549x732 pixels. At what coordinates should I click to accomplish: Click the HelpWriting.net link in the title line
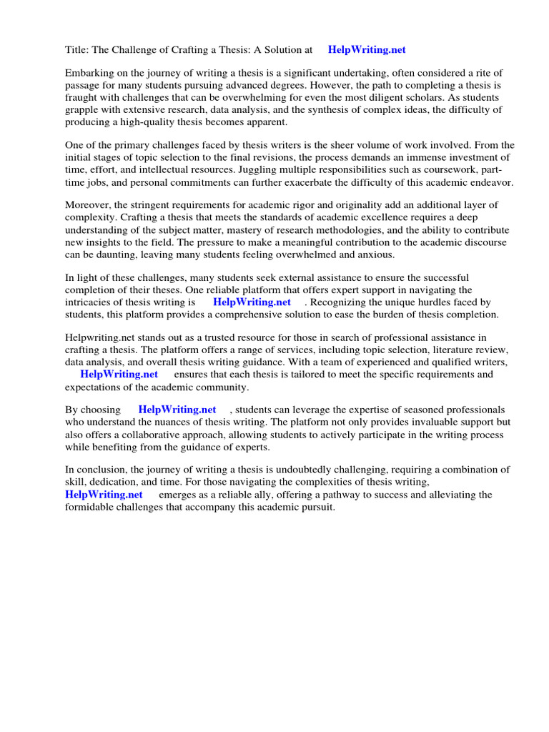click(366, 49)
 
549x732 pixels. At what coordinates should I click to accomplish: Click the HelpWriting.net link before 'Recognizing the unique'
click(252, 302)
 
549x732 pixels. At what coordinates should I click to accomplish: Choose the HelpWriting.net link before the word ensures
click(119, 374)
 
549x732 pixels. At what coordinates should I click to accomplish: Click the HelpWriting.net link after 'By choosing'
click(177, 410)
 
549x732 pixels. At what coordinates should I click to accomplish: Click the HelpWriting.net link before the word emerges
click(104, 494)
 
